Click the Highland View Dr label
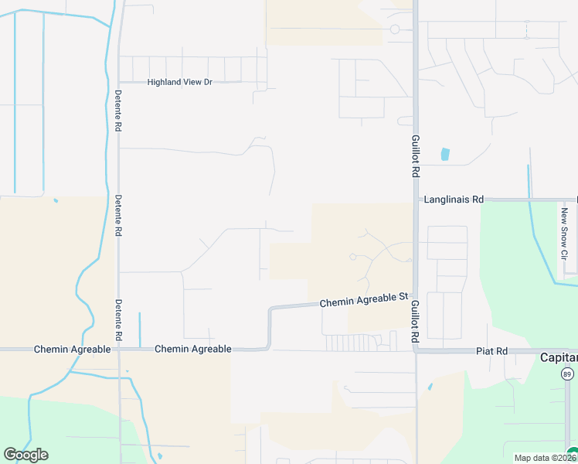click(x=179, y=82)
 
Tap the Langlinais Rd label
click(x=454, y=200)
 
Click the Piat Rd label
click(x=491, y=351)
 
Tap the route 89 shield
click(x=566, y=373)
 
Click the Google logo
click(x=25, y=455)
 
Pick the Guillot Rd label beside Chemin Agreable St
click(x=415, y=322)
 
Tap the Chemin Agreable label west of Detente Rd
click(x=72, y=350)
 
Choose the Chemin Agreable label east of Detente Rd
click(x=192, y=350)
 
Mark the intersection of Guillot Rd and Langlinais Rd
click(x=415, y=200)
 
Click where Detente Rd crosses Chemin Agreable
click(x=118, y=350)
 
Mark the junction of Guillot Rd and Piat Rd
click(x=415, y=351)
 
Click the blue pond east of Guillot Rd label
click(x=444, y=154)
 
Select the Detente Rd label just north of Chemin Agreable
click(x=118, y=320)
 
